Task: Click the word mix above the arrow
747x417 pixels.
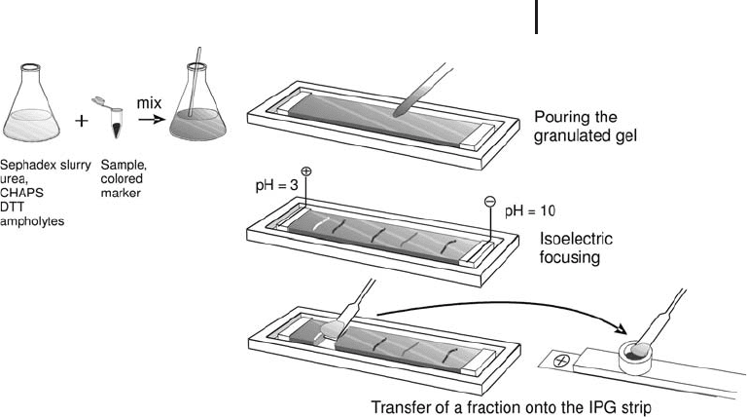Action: click(x=149, y=103)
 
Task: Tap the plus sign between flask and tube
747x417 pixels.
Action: click(x=82, y=121)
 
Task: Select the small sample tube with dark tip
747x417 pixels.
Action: click(x=113, y=118)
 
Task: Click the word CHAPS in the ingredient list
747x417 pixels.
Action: click(x=22, y=193)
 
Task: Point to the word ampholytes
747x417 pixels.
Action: click(x=32, y=221)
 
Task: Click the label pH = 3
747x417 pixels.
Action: click(x=276, y=185)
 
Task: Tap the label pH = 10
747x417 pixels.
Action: click(x=530, y=210)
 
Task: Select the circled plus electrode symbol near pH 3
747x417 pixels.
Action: click(x=306, y=171)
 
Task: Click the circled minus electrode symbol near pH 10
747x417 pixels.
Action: click(x=490, y=202)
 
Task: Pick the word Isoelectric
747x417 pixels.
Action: click(x=576, y=238)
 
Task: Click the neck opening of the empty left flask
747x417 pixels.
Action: click(x=30, y=67)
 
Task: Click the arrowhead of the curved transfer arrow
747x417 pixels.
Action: click(x=619, y=328)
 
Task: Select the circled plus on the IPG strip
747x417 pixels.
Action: click(x=560, y=360)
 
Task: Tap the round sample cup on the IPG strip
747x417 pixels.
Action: click(x=634, y=359)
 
